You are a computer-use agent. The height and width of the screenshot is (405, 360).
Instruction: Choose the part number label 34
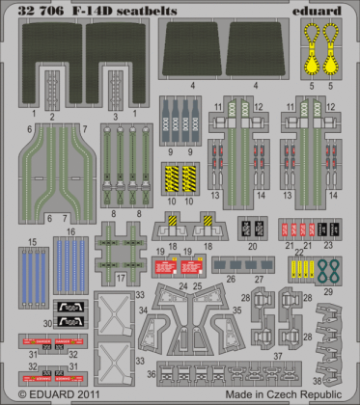143,310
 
